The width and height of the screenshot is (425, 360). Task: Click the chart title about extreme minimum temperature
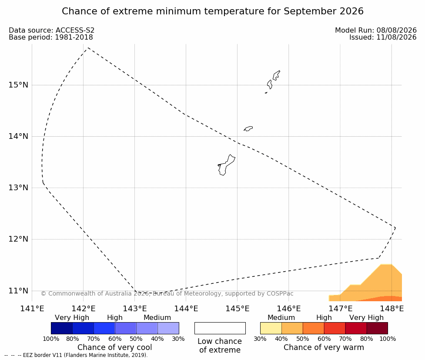(212, 11)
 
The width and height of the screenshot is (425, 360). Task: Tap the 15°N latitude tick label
(18, 85)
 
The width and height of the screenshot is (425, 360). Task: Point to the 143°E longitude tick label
(135, 309)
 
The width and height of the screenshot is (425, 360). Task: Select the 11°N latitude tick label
(18, 291)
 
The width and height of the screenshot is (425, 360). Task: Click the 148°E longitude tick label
(392, 309)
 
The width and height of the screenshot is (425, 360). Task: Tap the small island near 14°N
(248, 128)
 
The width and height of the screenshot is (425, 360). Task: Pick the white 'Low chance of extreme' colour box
(220, 328)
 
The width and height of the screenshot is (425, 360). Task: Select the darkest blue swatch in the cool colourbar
(62, 328)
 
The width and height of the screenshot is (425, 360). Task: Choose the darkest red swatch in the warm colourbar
(377, 328)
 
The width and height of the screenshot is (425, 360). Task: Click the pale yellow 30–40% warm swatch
(271, 328)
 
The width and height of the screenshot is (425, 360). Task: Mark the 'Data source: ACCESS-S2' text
(51, 30)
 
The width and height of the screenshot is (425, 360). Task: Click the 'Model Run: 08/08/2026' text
(376, 30)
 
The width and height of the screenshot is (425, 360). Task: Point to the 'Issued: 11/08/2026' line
(383, 37)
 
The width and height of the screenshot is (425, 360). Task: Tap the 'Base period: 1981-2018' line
(51, 37)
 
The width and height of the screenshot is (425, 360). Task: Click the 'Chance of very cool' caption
(115, 347)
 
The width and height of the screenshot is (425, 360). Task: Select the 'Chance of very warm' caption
(324, 347)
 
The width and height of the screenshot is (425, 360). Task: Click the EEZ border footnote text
(76, 355)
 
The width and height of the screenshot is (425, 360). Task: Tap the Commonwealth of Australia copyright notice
(167, 293)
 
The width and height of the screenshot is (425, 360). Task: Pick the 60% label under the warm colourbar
(324, 339)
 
